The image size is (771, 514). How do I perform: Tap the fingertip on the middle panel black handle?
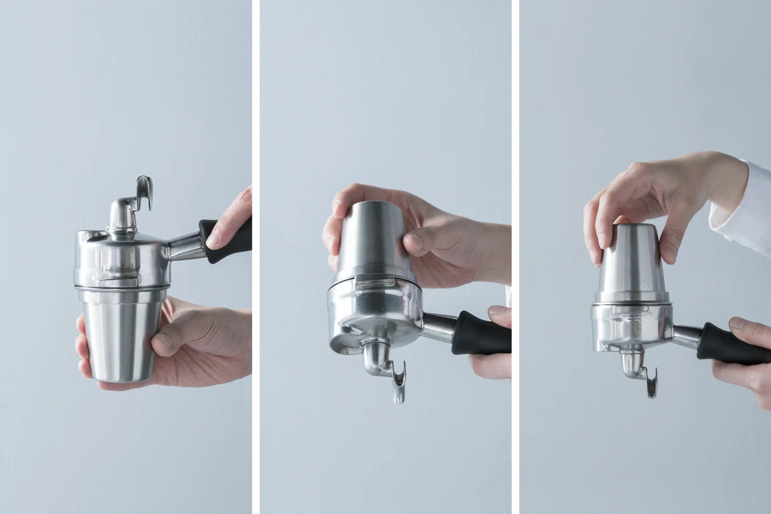499,312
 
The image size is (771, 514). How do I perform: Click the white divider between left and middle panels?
256,257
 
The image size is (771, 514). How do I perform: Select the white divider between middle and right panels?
515,257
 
